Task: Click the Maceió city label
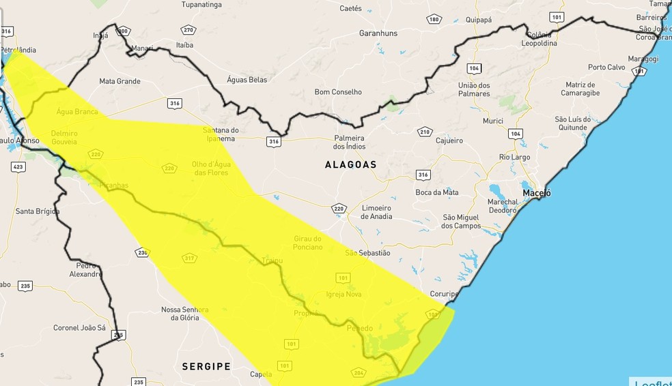click(x=536, y=193)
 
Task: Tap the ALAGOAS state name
click(x=350, y=164)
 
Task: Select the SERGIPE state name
click(x=206, y=366)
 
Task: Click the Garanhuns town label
click(x=378, y=33)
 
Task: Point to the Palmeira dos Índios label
click(x=349, y=142)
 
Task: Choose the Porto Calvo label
click(x=607, y=67)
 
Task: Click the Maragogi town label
click(x=643, y=59)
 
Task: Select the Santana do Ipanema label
click(x=221, y=134)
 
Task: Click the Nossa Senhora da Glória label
click(x=184, y=313)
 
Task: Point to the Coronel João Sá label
click(x=79, y=328)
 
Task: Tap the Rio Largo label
click(x=514, y=157)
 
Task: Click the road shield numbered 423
click(x=18, y=166)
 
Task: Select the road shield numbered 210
click(x=425, y=132)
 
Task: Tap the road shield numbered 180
click(x=434, y=19)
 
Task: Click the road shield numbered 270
click(x=188, y=30)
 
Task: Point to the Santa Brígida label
click(x=38, y=211)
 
